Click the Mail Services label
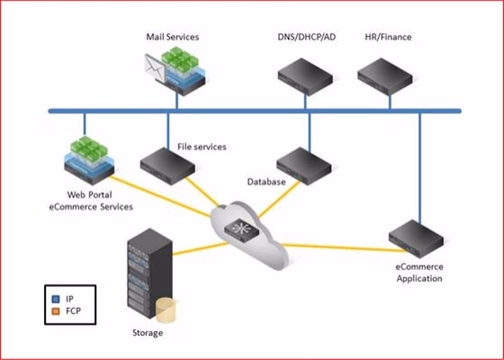coord(172,37)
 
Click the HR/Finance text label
coord(388,37)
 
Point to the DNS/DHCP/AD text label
coord(306,37)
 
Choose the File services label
coord(202,146)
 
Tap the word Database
coord(266,181)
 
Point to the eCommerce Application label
coord(419,272)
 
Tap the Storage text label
coord(148,332)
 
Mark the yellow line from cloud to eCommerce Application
coord(336,246)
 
